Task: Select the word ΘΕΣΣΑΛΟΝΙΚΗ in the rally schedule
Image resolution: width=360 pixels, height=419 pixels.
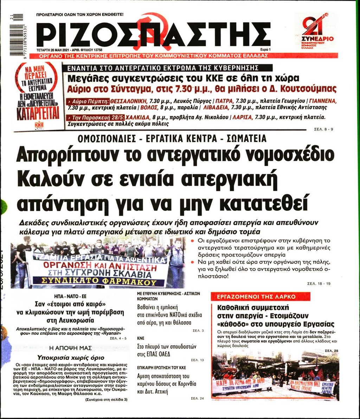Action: pos(127,100)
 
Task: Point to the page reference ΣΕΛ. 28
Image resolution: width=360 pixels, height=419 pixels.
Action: pos(331,350)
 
